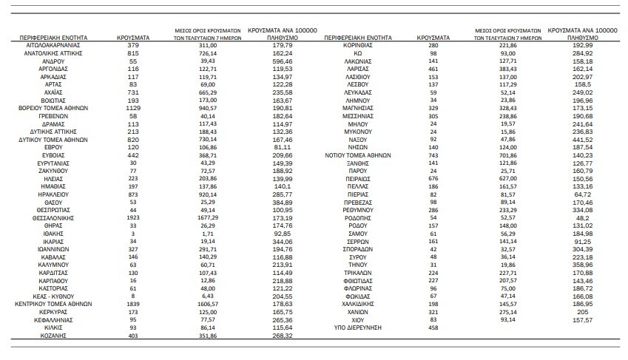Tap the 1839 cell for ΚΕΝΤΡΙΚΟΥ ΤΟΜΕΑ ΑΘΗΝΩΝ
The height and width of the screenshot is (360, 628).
point(134,304)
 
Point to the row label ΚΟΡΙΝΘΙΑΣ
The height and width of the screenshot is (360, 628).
point(357,45)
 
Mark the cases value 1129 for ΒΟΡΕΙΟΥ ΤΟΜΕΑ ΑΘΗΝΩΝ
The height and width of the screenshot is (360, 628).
point(134,107)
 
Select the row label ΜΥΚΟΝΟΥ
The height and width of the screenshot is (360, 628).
point(357,131)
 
